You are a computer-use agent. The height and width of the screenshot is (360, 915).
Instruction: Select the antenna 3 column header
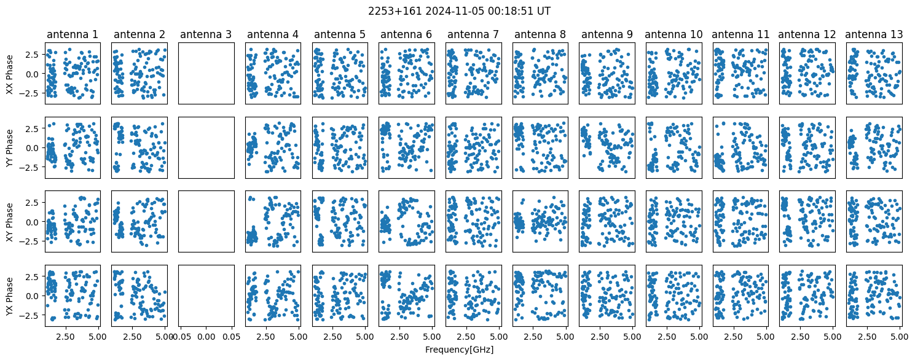(x=206, y=34)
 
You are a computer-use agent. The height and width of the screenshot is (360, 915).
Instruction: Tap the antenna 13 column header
(x=874, y=34)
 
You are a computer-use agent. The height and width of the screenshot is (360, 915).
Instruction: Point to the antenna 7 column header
(x=473, y=34)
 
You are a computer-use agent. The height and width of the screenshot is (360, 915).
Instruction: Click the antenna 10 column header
(x=673, y=34)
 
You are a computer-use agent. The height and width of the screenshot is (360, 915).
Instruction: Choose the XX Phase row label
(x=10, y=74)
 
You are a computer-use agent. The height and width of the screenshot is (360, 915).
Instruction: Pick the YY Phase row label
(x=10, y=148)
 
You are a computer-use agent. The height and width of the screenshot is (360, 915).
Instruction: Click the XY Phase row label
(x=10, y=222)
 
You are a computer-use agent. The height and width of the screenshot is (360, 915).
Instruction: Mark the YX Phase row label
(x=10, y=296)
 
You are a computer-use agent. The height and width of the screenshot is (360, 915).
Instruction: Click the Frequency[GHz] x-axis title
(x=459, y=350)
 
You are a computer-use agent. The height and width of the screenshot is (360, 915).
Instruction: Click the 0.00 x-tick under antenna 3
(x=206, y=337)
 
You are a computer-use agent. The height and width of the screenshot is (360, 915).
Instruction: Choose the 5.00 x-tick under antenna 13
(x=900, y=337)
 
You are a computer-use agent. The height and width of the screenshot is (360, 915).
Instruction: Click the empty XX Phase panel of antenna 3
(x=206, y=74)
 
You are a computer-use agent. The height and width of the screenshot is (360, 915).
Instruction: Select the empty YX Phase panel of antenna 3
(x=206, y=296)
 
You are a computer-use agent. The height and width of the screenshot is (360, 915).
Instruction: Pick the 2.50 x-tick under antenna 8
(x=533, y=337)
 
